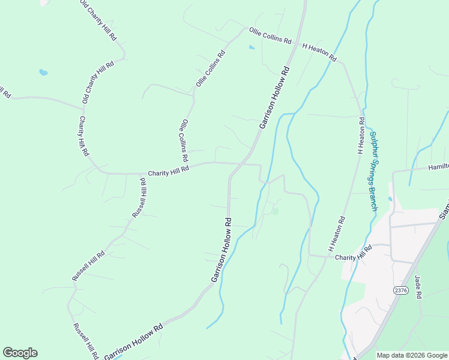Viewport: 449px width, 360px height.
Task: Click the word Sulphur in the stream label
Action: [x=374, y=142]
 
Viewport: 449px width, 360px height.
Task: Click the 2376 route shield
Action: [x=401, y=290]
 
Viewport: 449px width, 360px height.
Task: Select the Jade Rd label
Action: [x=418, y=286]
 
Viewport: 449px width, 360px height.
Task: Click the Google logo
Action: [x=20, y=353]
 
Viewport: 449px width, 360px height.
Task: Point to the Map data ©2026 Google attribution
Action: [x=412, y=355]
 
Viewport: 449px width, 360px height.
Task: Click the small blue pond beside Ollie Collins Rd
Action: [x=252, y=47]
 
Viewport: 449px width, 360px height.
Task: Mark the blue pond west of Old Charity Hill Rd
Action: [x=43, y=73]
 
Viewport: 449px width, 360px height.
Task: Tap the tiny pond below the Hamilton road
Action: [x=391, y=199]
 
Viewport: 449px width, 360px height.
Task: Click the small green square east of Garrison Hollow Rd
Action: [x=275, y=211]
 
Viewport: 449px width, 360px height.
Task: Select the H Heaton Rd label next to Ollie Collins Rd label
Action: [x=319, y=51]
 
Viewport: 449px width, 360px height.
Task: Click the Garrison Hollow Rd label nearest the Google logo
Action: [x=133, y=341]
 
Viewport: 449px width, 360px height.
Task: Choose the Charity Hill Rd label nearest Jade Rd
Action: [x=354, y=252]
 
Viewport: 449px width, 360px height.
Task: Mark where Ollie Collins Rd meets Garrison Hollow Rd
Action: [x=296, y=44]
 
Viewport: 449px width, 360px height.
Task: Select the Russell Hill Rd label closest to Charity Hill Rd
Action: [x=139, y=198]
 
